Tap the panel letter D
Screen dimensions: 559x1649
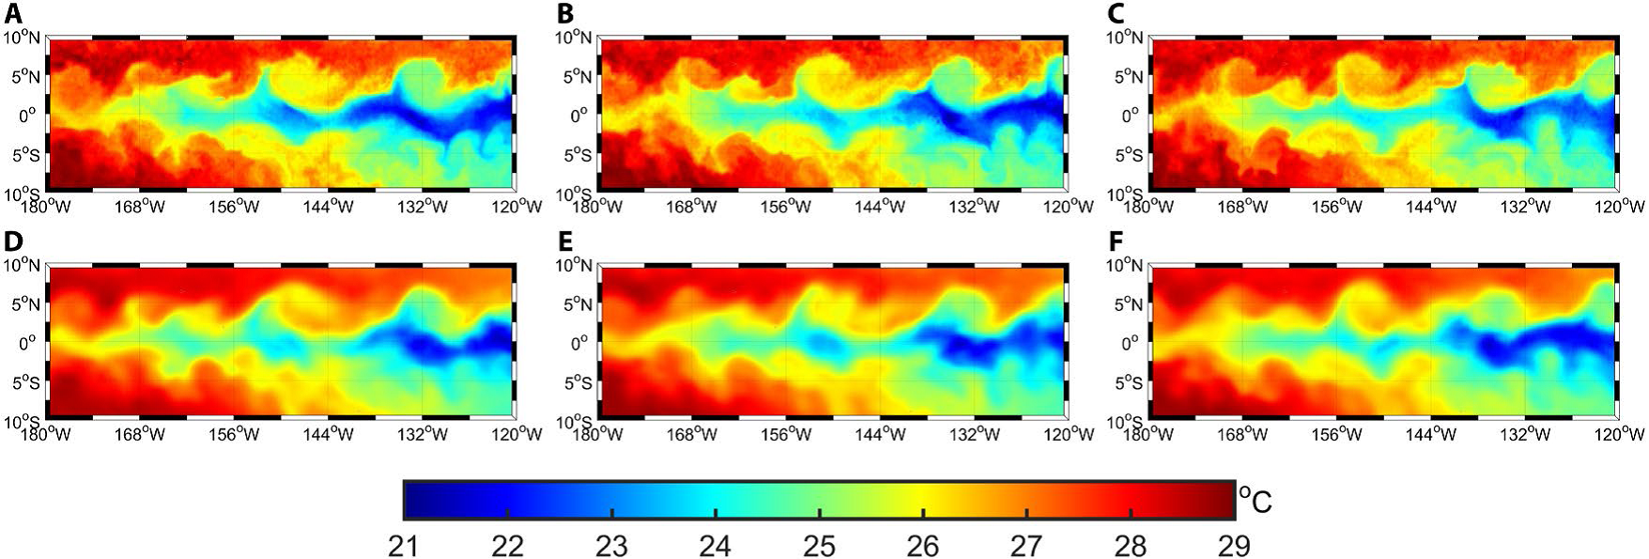click(x=12, y=241)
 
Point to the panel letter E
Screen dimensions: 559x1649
click(x=565, y=241)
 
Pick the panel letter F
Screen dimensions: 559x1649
click(x=1117, y=241)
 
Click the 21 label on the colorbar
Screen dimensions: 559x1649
click(x=404, y=545)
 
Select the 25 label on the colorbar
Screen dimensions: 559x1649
click(x=820, y=545)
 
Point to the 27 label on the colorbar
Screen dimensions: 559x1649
click(x=1027, y=545)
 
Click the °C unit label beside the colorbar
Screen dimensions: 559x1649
click(x=1255, y=499)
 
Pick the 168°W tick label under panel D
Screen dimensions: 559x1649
click(x=141, y=434)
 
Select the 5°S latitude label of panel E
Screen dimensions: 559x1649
click(x=576, y=383)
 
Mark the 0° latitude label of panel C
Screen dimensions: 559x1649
click(x=1133, y=116)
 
